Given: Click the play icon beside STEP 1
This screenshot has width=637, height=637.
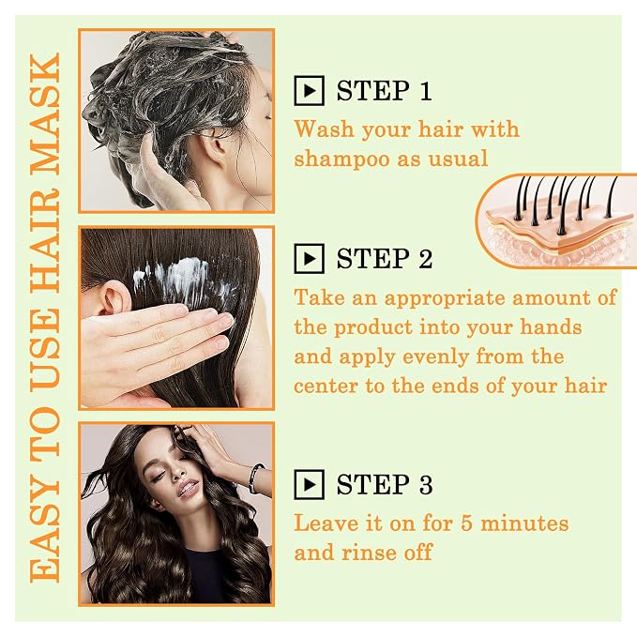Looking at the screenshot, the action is [310, 91].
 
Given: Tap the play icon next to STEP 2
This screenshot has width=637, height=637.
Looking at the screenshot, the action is [310, 259].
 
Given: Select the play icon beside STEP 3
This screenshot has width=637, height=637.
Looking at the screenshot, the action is [310, 484].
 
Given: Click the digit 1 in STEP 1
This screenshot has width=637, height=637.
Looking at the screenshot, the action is [425, 91].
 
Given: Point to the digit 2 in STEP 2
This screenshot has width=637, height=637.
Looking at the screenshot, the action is [425, 259].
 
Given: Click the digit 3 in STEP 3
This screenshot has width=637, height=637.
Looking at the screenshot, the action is [426, 484].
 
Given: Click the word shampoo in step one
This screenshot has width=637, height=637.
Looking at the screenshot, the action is [341, 159].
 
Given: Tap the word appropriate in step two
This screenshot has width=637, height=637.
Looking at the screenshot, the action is [445, 299].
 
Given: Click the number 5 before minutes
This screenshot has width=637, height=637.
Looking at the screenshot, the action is [466, 523].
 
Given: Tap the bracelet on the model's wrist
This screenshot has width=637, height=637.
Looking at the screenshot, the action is [256, 479].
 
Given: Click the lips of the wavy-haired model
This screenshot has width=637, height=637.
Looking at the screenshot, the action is [189, 488].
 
